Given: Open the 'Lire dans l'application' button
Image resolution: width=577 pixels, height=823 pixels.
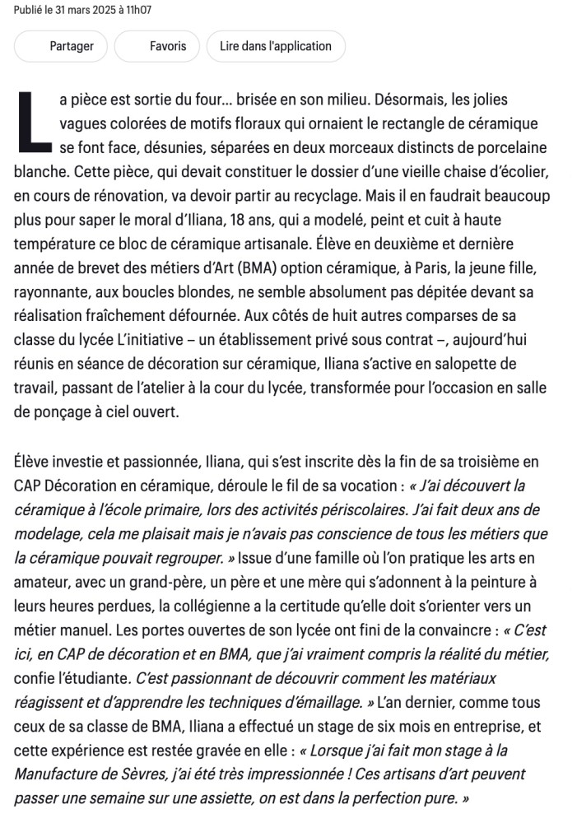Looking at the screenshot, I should point(276,46).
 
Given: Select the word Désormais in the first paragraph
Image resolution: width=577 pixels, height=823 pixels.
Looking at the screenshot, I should point(410,100).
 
